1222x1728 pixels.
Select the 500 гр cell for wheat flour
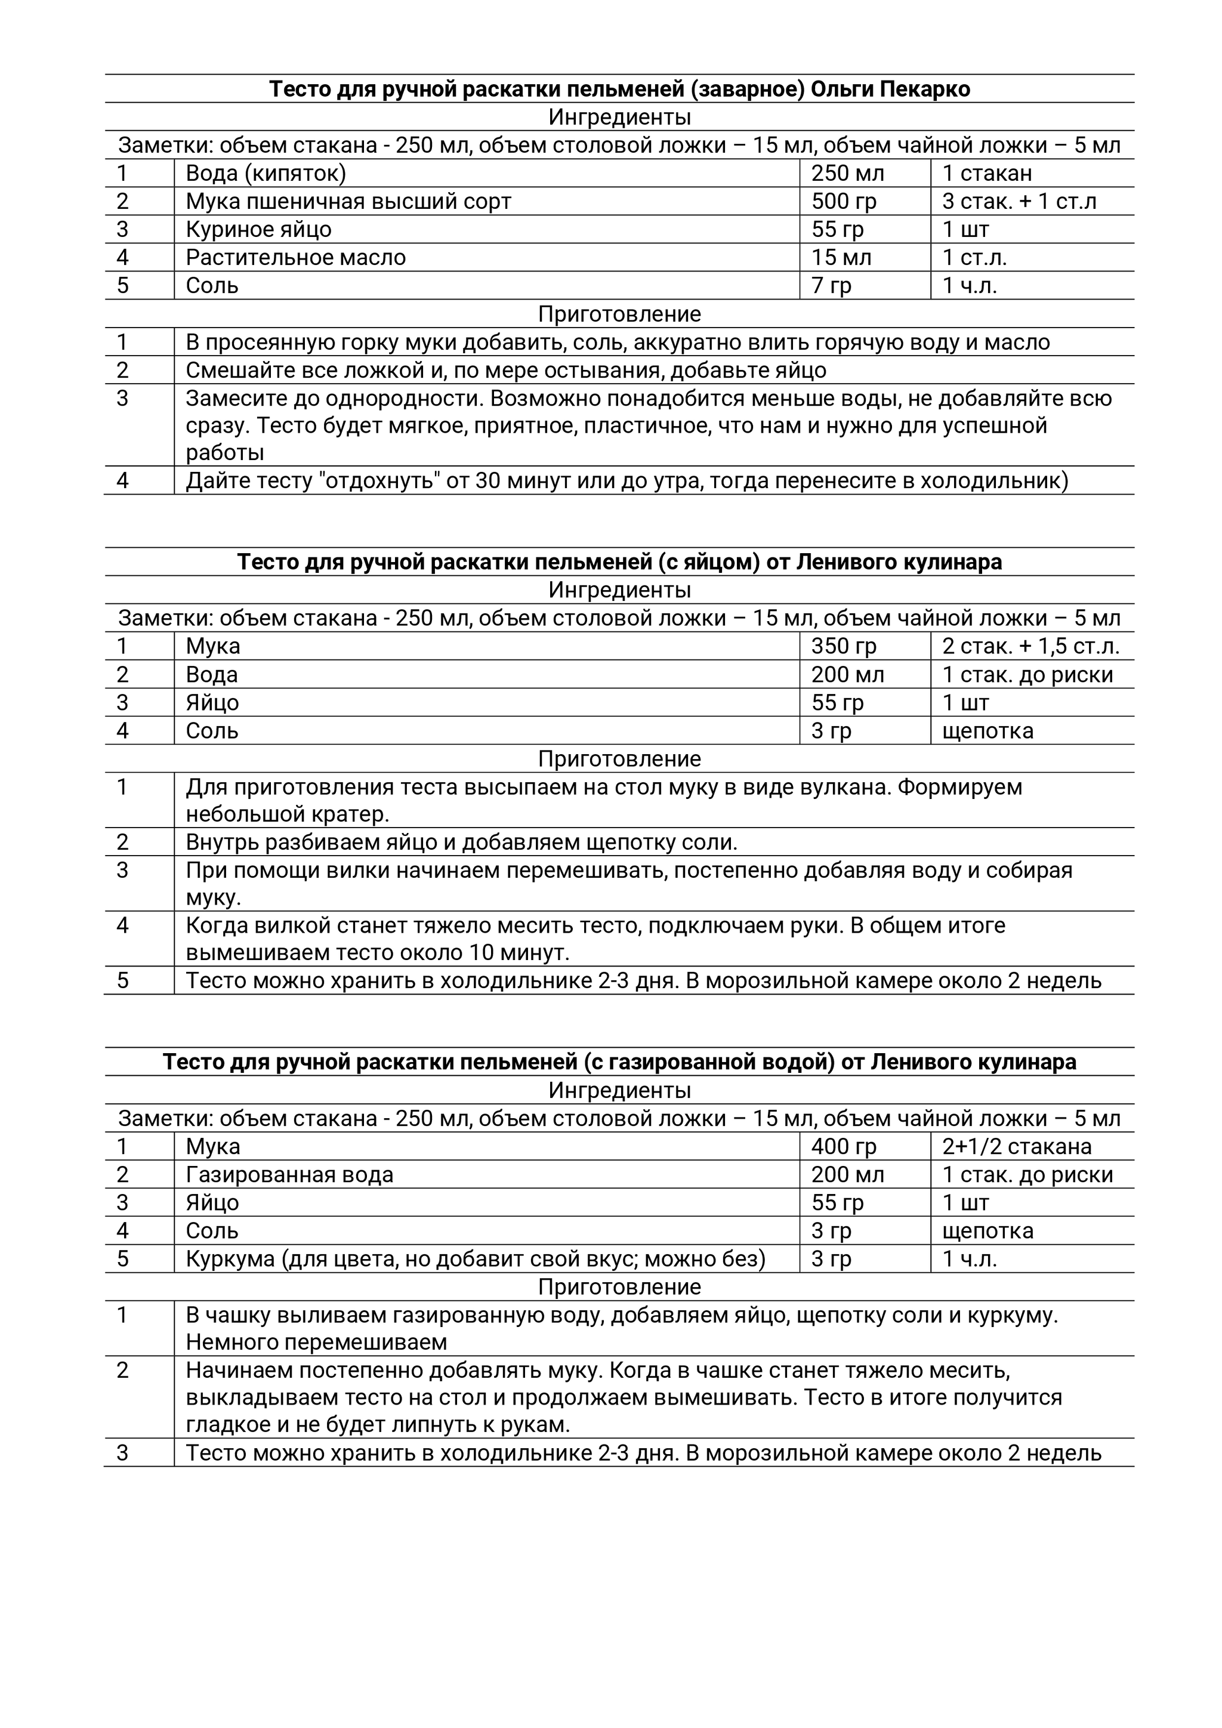pos(844,202)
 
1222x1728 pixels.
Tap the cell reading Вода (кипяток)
pos(266,174)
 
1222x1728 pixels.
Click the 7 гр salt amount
pos(831,286)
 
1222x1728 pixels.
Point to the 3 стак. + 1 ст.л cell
pos(1019,202)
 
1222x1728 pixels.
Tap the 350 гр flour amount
pos(844,646)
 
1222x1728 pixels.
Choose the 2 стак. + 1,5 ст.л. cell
pos(1030,646)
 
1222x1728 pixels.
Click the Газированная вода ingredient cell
pos(290,1175)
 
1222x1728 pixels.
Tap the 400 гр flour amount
pos(844,1147)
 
